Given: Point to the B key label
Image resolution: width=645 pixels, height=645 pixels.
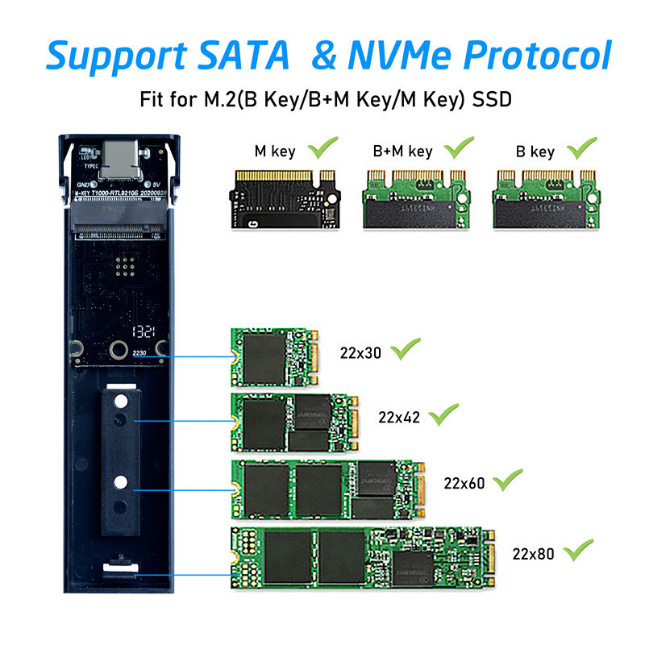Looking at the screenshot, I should point(535,151).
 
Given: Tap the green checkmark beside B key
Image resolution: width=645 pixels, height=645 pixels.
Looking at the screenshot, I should point(581,148).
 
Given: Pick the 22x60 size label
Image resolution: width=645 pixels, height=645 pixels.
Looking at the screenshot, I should point(464,483).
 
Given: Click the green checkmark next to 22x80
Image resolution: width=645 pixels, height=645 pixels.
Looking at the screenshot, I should point(578,551).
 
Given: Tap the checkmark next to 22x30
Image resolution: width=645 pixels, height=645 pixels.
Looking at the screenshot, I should point(406,350).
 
